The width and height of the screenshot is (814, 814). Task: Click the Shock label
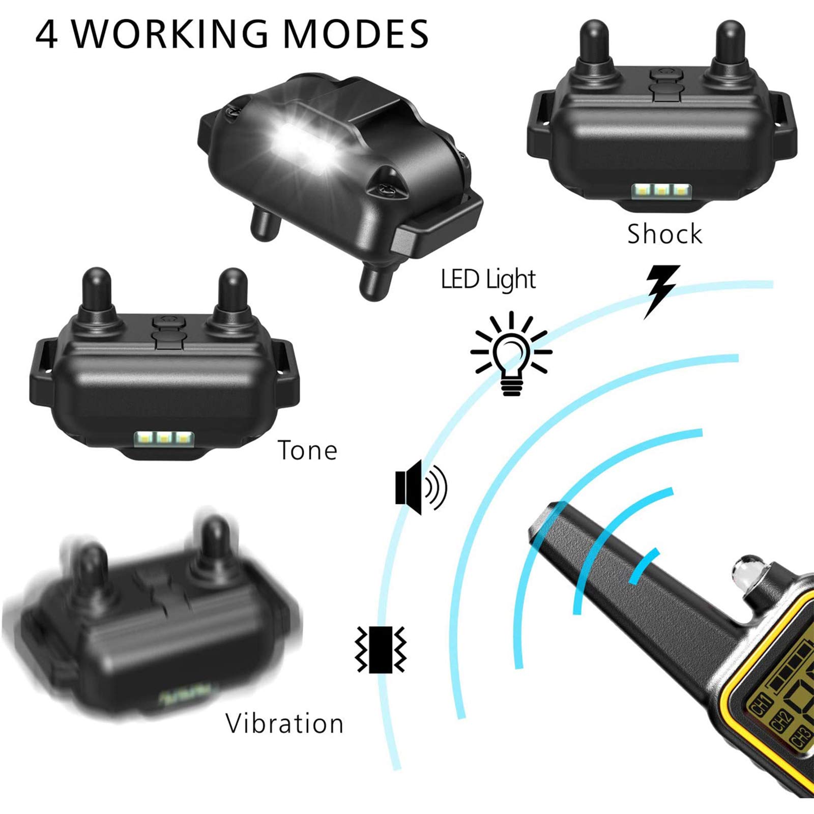(x=664, y=234)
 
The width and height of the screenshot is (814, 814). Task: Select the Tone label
(x=307, y=450)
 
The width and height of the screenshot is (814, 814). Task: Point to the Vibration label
(x=284, y=723)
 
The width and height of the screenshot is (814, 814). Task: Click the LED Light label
(x=488, y=279)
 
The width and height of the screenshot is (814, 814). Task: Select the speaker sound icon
(x=420, y=487)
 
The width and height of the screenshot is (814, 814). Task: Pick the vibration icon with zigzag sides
(x=381, y=650)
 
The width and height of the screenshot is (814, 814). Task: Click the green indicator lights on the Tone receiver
(x=163, y=438)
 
